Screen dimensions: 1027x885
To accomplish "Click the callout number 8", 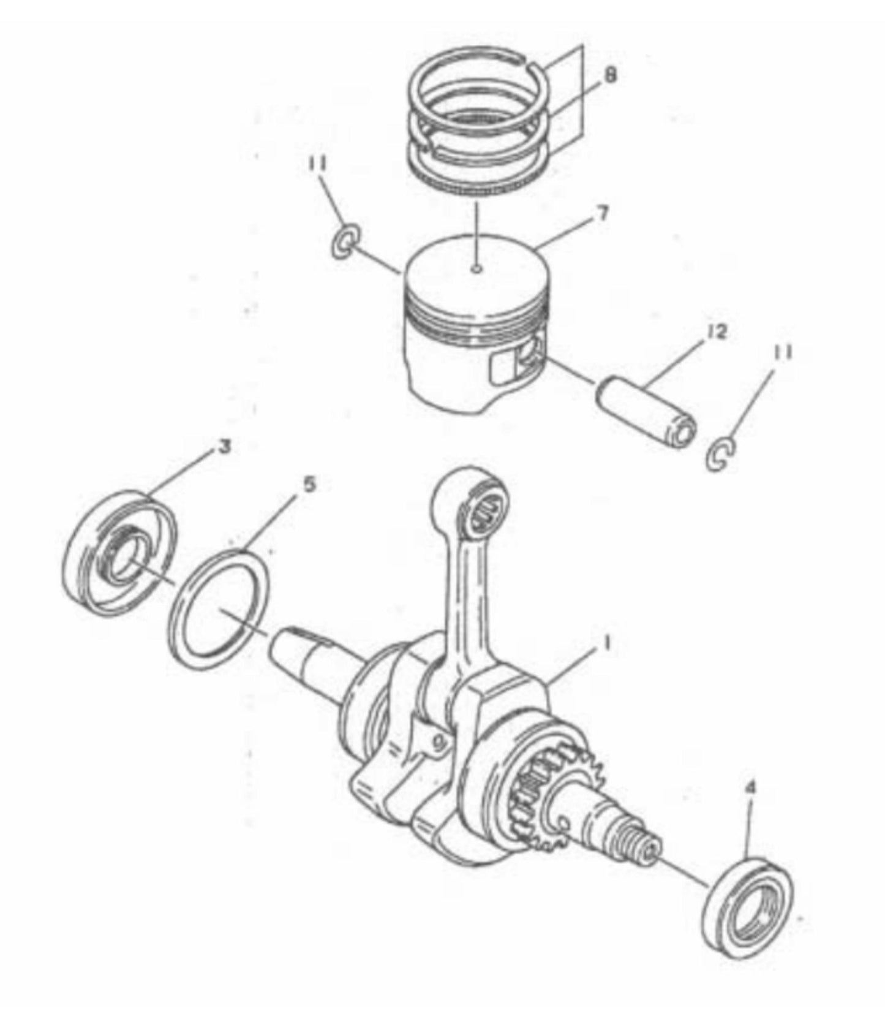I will pyautogui.click(x=610, y=76).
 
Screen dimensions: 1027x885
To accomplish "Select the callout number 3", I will pyautogui.click(x=224, y=448).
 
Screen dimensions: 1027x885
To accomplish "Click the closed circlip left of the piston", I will pyautogui.click(x=345, y=243).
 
